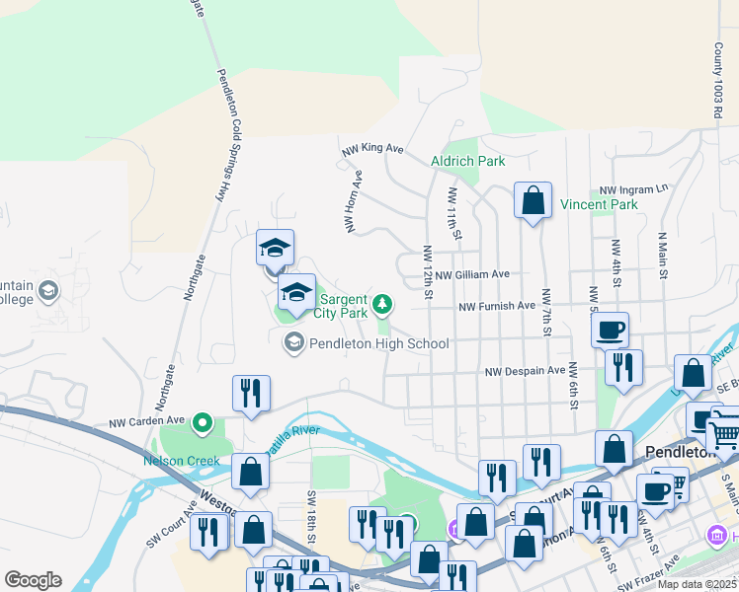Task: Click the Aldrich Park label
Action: [467, 161]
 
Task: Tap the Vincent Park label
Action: [599, 205]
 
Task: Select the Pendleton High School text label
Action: [379, 343]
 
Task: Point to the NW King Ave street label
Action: [373, 150]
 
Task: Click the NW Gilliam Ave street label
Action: [472, 274]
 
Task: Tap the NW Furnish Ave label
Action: [497, 307]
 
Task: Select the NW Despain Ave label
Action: [524, 372]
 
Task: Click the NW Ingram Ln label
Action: [633, 187]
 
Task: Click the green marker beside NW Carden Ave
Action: [204, 424]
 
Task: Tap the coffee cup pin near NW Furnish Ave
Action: [611, 329]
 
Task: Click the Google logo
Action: [33, 580]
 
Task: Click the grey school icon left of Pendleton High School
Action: [293, 342]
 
